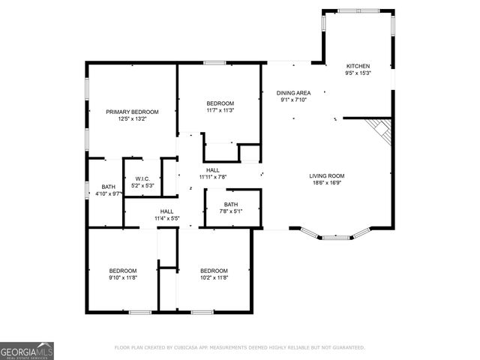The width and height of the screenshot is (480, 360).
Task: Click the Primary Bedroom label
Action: click(132, 112)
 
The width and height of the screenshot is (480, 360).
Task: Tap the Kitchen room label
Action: click(357, 66)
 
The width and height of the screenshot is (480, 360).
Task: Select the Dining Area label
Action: click(295, 93)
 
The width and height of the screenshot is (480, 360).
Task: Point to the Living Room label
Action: click(327, 176)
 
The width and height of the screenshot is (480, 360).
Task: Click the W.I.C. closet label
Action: click(142, 178)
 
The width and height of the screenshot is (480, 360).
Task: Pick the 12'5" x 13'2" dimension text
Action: click(132, 118)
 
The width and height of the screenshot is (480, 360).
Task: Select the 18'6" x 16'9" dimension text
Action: click(327, 183)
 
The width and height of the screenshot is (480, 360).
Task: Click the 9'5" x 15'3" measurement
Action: click(357, 73)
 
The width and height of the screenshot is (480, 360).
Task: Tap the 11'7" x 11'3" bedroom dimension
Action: click(220, 110)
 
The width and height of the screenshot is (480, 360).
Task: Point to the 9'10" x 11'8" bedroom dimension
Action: click(123, 277)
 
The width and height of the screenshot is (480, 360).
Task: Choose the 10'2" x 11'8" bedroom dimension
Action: click(213, 277)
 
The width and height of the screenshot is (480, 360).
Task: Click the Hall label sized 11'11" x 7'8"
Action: click(213, 170)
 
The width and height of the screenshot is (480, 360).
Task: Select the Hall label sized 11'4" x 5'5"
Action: click(166, 211)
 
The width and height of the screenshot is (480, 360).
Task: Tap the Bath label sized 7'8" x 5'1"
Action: click(231, 204)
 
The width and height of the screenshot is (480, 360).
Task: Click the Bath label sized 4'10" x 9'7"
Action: click(109, 187)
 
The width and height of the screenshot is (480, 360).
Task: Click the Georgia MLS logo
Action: click(27, 350)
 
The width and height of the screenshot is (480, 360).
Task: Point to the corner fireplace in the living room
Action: click(382, 133)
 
